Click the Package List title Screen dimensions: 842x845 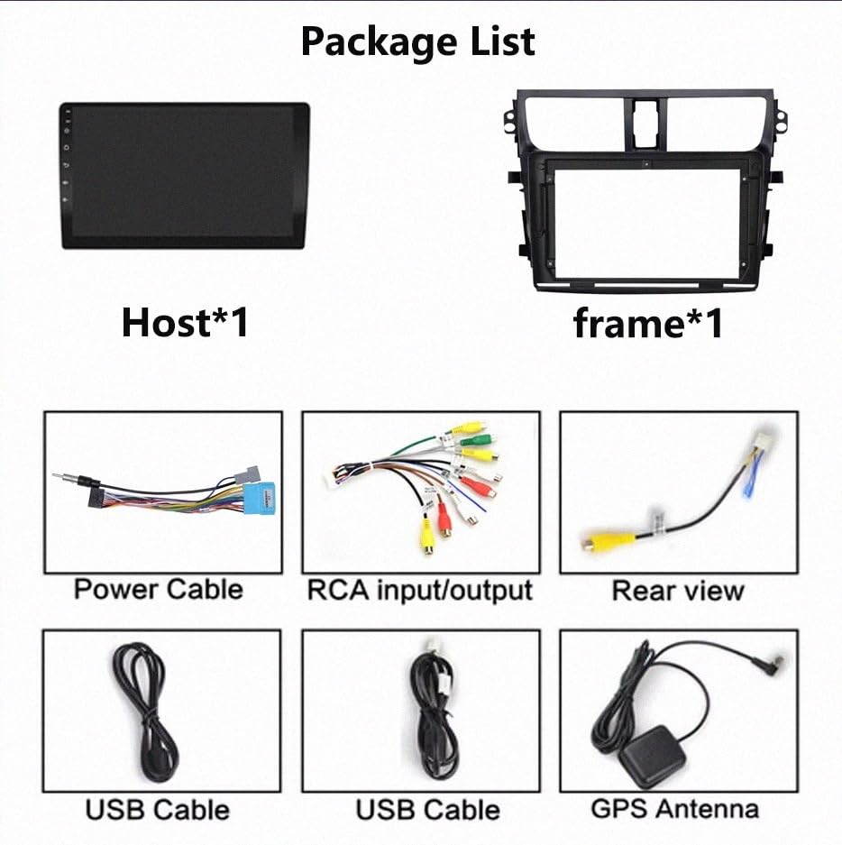[418, 42]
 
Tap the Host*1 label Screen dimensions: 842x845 [186, 322]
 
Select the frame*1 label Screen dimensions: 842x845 [648, 324]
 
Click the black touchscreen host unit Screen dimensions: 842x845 [185, 176]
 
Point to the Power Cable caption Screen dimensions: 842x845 [159, 589]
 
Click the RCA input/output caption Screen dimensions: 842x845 [420, 590]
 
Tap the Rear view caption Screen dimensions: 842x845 [678, 591]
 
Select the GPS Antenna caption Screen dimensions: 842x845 [675, 809]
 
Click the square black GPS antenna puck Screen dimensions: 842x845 [652, 756]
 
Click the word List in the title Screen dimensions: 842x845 [502, 42]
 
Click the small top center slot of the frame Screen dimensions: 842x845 [645, 124]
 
